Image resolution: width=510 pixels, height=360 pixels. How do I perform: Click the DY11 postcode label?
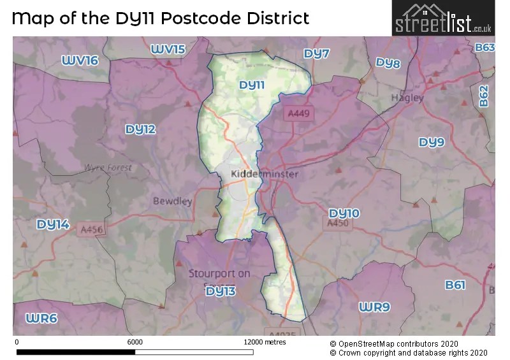(251, 85)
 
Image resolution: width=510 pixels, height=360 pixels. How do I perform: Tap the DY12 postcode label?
(140, 129)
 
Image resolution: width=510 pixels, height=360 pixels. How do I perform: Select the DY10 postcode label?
(344, 213)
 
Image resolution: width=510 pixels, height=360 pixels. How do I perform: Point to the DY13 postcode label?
(221, 291)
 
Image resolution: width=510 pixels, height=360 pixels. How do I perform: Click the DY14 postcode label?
(53, 224)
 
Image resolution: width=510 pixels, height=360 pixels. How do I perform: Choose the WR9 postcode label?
(374, 308)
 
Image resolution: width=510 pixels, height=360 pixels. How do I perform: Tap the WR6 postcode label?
(41, 318)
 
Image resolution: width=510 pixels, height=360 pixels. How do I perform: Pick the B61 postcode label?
(455, 285)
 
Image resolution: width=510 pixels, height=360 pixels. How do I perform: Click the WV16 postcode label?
(80, 61)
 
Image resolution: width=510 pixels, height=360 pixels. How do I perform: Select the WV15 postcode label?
(168, 49)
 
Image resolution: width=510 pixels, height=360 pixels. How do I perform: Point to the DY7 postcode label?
(317, 54)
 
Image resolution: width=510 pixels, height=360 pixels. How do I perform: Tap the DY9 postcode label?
(432, 142)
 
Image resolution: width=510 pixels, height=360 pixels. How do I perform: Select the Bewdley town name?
(172, 201)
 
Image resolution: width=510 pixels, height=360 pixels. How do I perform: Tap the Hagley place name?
(407, 98)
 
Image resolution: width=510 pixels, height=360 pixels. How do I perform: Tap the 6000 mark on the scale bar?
(135, 342)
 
